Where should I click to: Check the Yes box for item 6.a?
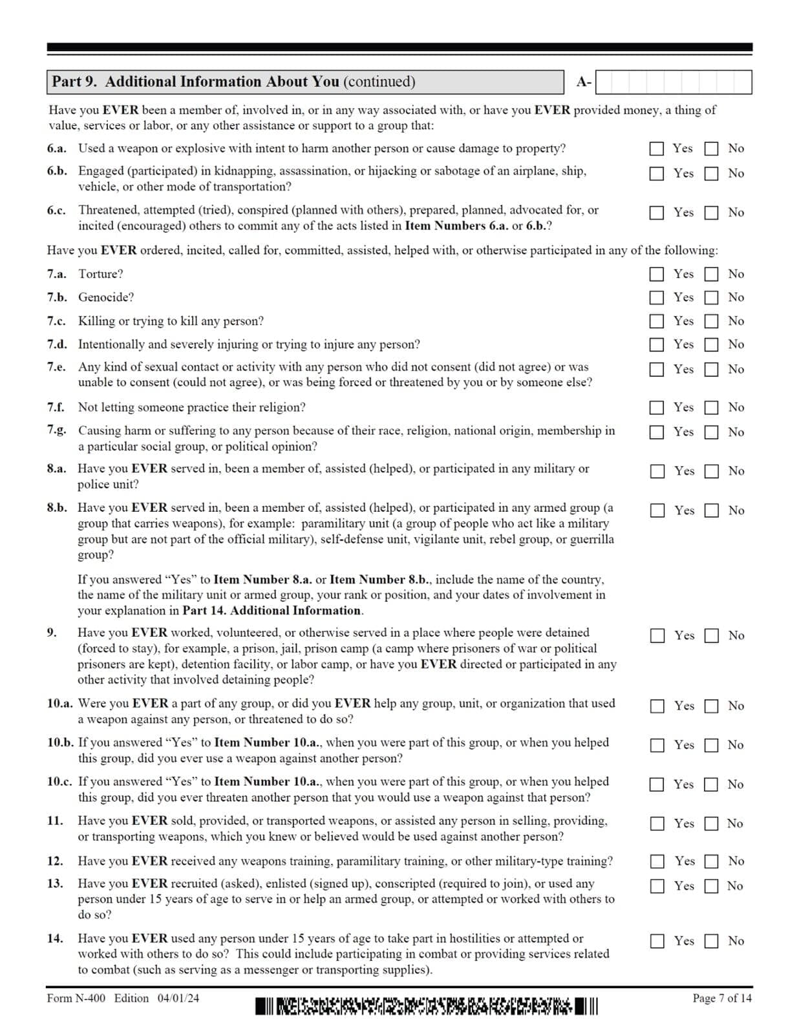point(656,149)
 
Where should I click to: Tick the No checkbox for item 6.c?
point(711,213)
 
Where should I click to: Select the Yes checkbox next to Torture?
point(656,274)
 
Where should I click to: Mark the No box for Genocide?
point(711,298)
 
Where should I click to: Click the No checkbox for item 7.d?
point(711,344)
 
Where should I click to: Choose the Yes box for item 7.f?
point(656,408)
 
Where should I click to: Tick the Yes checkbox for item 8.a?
point(657,471)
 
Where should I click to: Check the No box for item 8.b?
point(711,511)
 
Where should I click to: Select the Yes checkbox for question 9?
point(657,636)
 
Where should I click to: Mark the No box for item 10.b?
point(711,745)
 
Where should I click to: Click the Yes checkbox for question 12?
point(657,861)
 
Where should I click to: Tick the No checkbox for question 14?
point(711,942)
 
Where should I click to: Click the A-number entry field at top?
point(673,82)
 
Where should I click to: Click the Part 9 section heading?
point(233,82)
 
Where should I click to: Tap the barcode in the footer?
point(427,1006)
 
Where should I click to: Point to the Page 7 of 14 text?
point(721,998)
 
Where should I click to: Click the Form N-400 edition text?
point(123,998)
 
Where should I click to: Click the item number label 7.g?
point(56,430)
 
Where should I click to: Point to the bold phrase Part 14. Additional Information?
point(272,611)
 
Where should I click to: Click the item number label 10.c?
point(59,781)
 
